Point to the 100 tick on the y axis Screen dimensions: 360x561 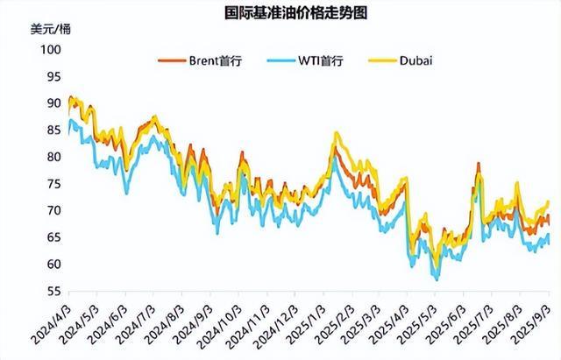click(x=52, y=50)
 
